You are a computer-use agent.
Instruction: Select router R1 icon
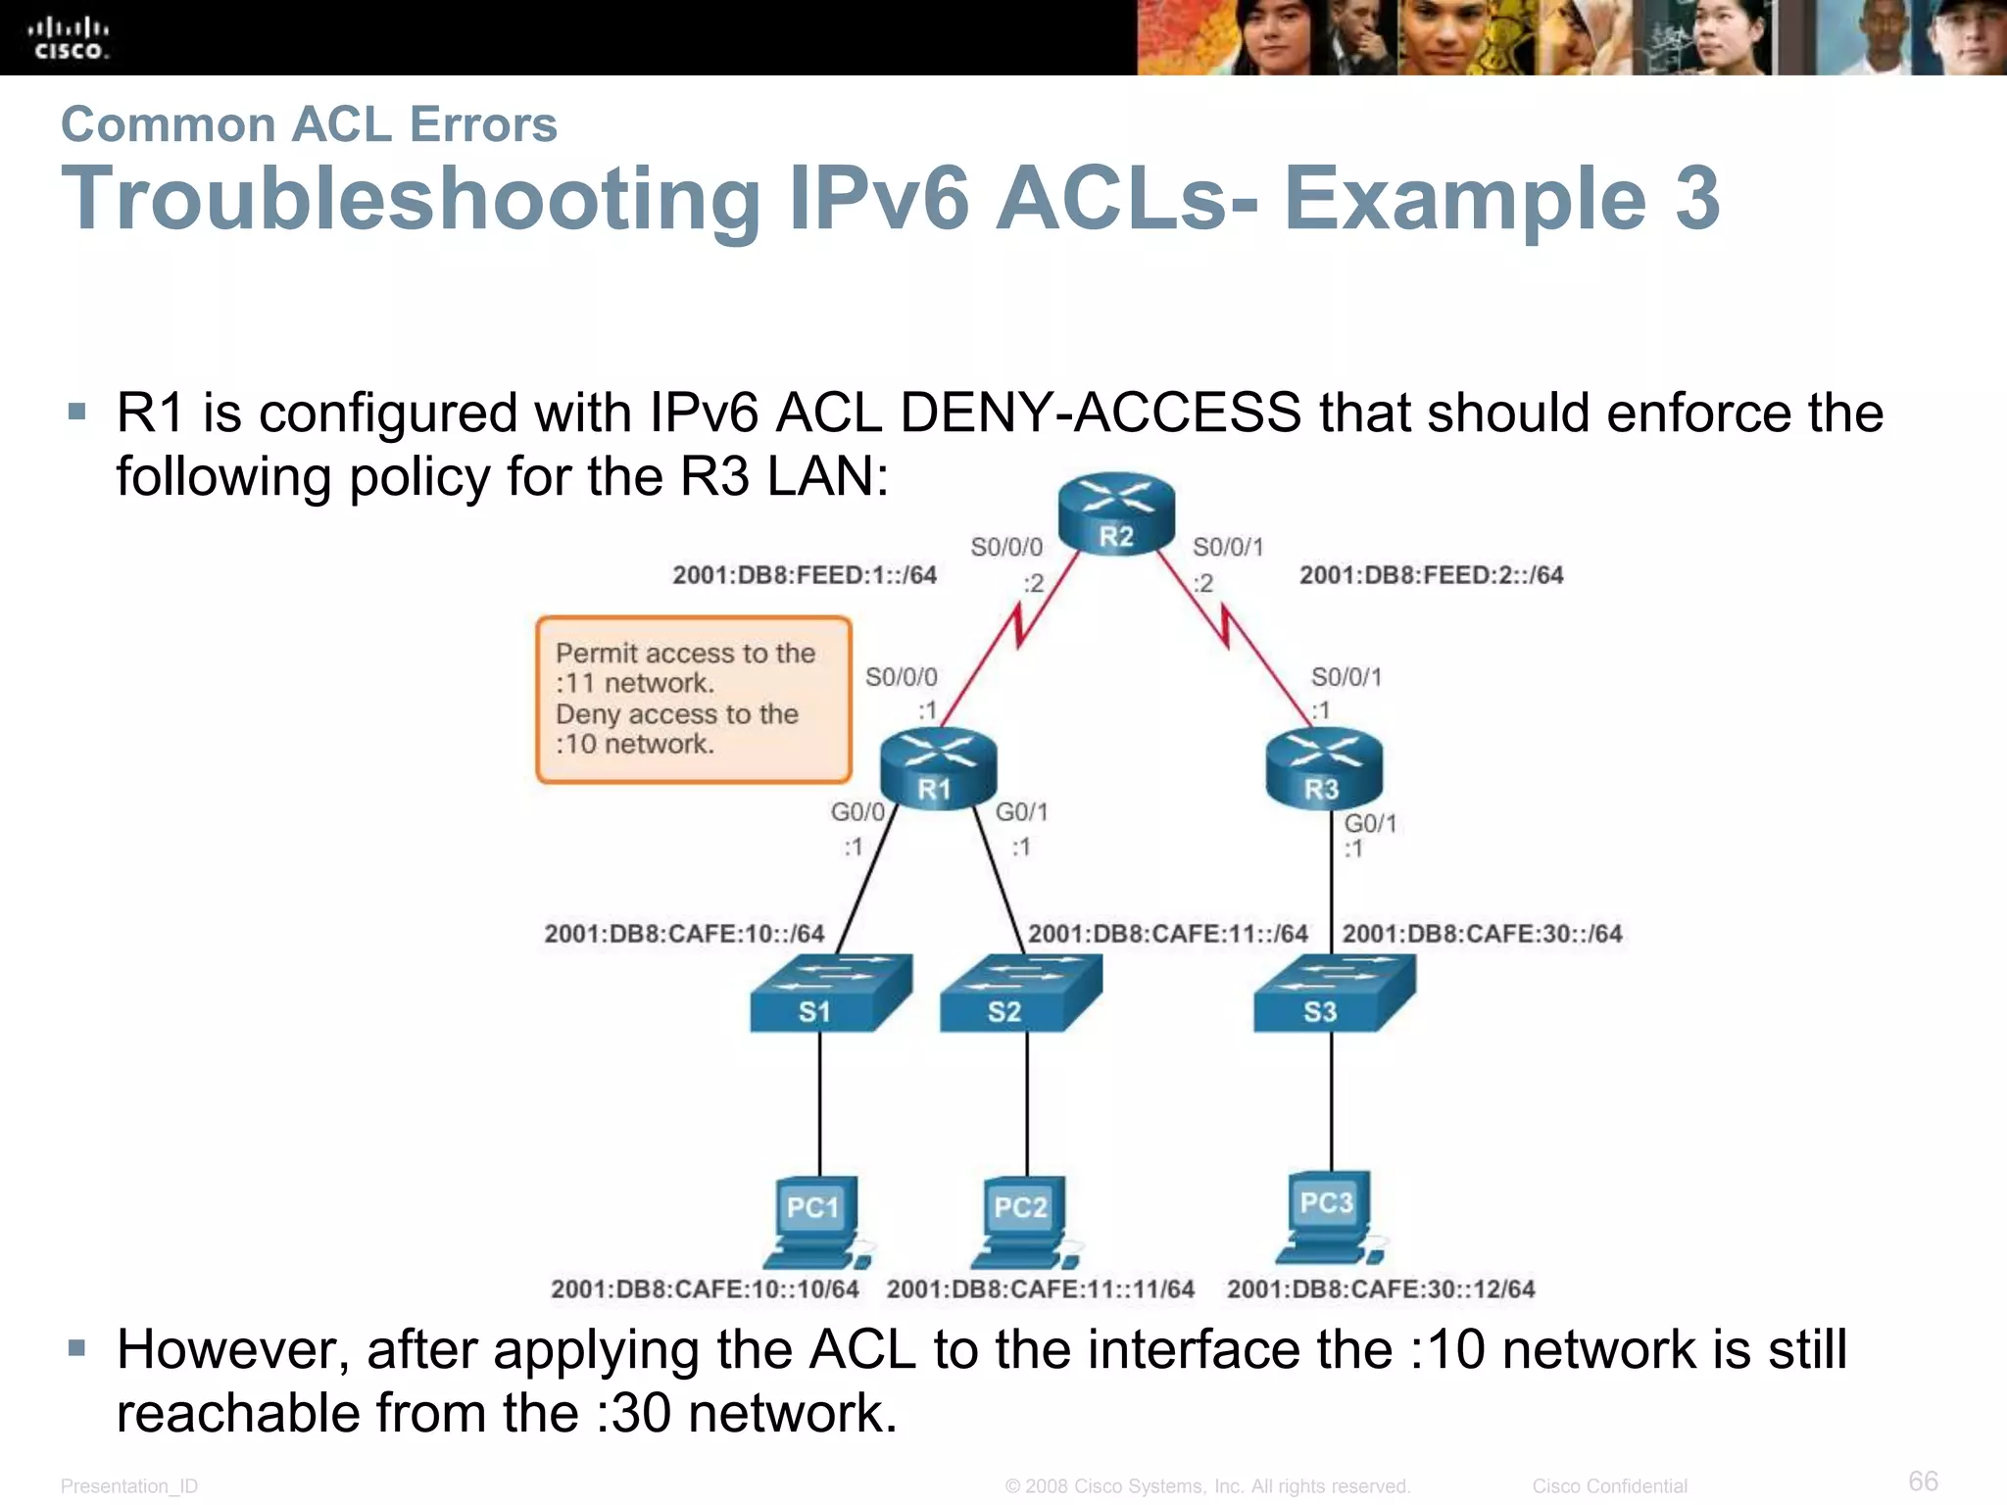point(937,769)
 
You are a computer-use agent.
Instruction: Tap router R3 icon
point(1323,769)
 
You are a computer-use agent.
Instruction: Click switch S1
point(828,995)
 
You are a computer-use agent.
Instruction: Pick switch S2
point(1019,995)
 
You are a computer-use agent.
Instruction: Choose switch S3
point(1333,995)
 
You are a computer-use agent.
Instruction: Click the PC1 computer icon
point(815,1220)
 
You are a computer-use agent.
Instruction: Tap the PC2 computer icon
point(1022,1220)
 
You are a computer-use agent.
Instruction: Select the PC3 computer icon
point(1328,1215)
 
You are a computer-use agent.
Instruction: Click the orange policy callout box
point(693,700)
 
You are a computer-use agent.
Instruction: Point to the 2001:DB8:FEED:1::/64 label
point(804,575)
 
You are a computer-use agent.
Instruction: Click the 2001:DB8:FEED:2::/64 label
point(1431,575)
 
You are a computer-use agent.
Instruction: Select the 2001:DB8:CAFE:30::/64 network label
point(1482,934)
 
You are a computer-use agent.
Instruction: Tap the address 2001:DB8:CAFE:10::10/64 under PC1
point(705,1288)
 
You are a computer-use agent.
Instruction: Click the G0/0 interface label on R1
point(857,812)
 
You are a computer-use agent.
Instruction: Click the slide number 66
point(1923,1481)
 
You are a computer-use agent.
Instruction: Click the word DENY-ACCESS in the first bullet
point(1100,413)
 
